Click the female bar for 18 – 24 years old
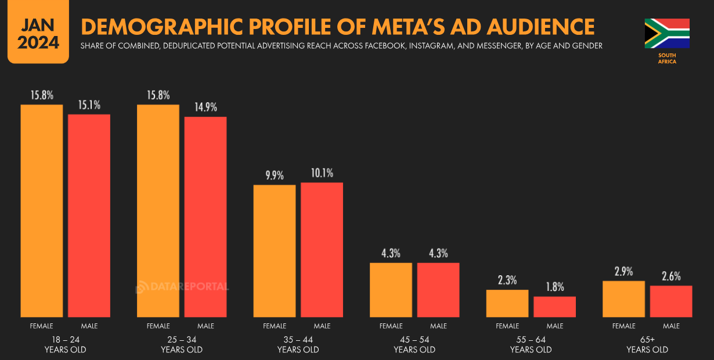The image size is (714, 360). point(42,211)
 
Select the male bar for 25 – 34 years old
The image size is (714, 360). point(205,217)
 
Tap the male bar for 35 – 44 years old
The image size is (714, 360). point(322,250)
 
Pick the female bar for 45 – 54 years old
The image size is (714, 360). point(391,290)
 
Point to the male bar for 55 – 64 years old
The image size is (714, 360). point(554,307)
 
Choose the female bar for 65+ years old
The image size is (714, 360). point(624,299)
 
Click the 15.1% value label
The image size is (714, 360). point(89,105)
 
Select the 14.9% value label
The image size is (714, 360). point(205,107)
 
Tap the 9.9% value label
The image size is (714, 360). point(275,175)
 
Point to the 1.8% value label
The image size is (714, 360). point(554,287)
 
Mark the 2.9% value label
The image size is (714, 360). point(624,272)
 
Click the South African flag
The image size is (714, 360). point(667,33)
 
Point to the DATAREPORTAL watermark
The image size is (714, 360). point(182,287)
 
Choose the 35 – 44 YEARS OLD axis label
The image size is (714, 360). point(298,345)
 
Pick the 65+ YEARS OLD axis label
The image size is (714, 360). point(647,345)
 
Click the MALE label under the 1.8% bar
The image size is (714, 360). point(554,326)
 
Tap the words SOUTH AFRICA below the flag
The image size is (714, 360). point(667,58)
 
